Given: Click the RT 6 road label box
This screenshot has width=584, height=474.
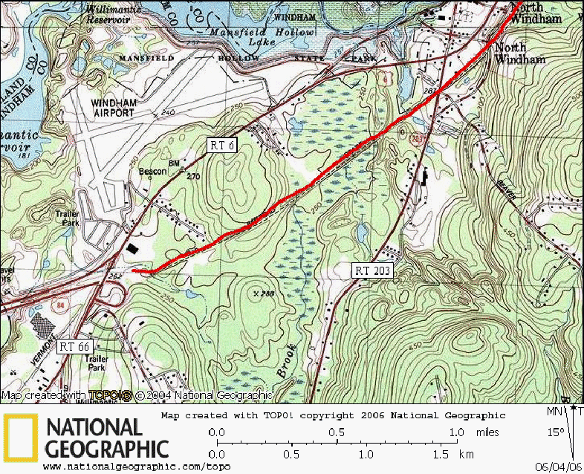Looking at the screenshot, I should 222,146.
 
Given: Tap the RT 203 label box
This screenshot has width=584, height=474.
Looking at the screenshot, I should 372,271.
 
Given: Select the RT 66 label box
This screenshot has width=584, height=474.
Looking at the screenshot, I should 76,347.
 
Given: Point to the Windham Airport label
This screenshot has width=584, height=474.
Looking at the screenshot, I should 113,107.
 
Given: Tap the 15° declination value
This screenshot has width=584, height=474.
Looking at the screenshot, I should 557,432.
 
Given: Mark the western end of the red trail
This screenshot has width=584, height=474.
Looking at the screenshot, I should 134,271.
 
